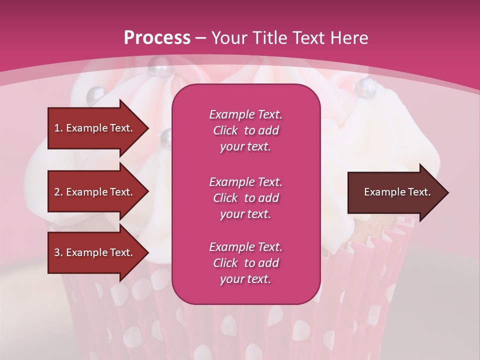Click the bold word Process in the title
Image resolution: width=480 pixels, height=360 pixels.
pos(157,38)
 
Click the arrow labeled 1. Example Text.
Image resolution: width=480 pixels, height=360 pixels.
pos(95,128)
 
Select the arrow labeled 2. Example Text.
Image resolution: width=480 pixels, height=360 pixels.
pos(95,192)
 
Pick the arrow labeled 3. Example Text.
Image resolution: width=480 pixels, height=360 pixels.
pos(95,252)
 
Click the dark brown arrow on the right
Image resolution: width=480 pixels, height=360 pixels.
pos(395,192)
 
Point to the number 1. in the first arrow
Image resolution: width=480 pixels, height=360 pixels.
pos(58,128)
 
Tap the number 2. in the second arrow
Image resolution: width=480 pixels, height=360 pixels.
pos(58,192)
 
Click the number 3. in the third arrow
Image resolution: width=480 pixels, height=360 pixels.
pos(58,252)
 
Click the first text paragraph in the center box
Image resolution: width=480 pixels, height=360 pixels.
pos(245,130)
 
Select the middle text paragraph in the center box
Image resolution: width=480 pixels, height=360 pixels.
pos(245,198)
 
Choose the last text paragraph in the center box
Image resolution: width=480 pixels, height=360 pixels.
pos(245,263)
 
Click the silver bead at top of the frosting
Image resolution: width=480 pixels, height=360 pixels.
pos(161,63)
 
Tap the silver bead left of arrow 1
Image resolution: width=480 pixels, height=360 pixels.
pos(96,93)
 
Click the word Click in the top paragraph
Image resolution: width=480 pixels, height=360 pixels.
pos(225,130)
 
